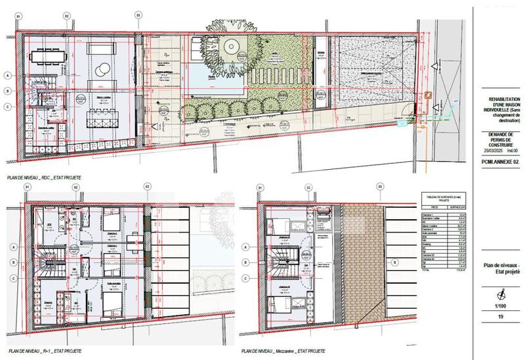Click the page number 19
(501, 318)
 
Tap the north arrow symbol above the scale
(501, 292)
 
